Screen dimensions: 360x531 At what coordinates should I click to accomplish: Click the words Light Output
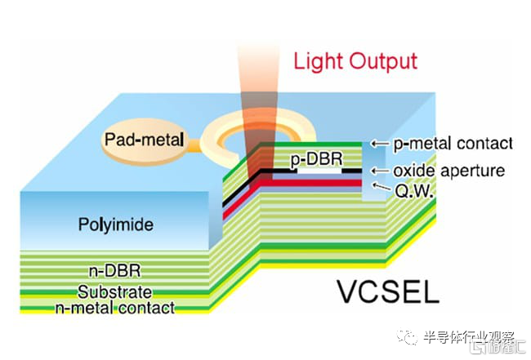[355, 61]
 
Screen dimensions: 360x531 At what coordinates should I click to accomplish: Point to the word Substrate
[114, 292]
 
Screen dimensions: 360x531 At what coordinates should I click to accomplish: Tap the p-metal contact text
[453, 143]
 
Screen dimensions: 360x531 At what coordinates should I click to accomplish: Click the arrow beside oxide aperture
[377, 171]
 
